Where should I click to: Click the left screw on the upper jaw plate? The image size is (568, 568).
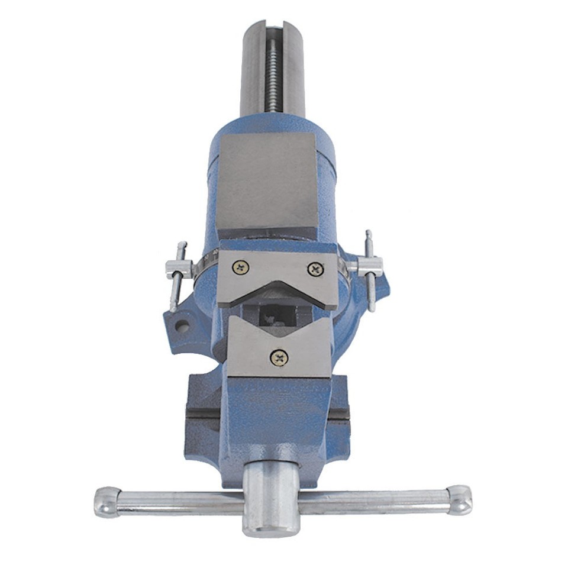coord(241,267)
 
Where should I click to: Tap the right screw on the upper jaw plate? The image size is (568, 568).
coord(315,269)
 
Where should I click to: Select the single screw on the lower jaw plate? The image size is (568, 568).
coord(279,356)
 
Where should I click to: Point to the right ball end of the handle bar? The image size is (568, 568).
coord(460,499)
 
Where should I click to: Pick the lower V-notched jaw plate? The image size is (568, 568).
coord(278,349)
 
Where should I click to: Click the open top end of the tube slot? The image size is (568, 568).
coord(273,27)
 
